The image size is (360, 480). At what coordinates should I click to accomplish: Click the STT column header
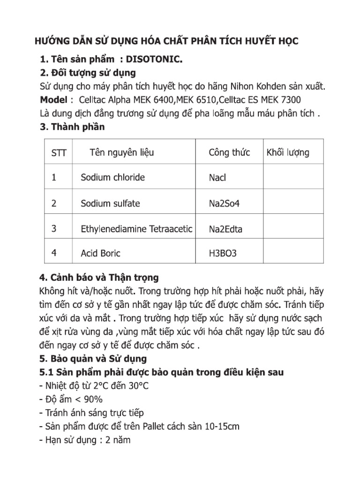[59, 153]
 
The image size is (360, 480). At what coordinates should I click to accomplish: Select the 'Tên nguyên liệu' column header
[121, 152]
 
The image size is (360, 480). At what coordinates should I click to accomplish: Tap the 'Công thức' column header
[229, 152]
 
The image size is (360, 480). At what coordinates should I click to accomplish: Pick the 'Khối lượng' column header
[288, 152]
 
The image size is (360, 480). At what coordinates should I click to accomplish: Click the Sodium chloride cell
[112, 177]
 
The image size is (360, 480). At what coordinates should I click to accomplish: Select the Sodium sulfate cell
[110, 203]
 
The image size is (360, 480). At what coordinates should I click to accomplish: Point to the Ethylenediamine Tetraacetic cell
[136, 229]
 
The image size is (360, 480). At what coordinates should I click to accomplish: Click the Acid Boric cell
[100, 253]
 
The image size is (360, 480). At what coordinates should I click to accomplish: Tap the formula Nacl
[217, 178]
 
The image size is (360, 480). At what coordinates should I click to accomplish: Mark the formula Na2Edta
[225, 229]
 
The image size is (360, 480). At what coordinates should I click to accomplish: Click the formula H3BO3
[223, 254]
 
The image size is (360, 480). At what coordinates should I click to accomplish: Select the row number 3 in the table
[54, 229]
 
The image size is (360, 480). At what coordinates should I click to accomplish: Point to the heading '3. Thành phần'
[72, 127]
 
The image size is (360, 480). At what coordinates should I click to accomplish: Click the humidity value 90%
[92, 399]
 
